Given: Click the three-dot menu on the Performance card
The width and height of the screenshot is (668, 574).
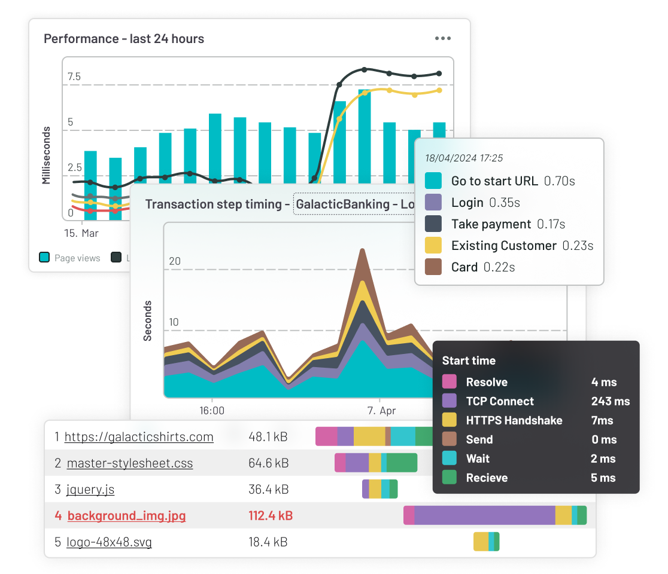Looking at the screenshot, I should (x=443, y=39).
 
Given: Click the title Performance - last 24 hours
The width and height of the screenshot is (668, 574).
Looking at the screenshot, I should (x=124, y=39).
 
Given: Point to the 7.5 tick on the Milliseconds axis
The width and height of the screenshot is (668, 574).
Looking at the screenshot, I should (x=74, y=77).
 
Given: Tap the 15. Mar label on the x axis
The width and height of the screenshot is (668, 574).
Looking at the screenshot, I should (x=81, y=233).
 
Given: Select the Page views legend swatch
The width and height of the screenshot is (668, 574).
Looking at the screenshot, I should (x=44, y=258).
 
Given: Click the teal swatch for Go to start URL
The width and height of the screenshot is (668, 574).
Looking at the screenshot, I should (x=433, y=181).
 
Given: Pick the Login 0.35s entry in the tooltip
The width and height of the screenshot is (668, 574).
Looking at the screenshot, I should (x=485, y=203).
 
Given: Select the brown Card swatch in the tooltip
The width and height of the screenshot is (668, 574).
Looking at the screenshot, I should (x=433, y=267).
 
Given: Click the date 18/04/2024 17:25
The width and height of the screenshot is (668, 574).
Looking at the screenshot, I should (x=464, y=158).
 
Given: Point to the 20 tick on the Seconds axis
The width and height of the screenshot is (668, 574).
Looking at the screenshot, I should (x=175, y=261).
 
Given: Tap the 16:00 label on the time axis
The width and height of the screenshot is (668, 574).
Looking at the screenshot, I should (x=212, y=411).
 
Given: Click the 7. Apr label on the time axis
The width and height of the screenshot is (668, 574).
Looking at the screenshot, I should (x=381, y=411).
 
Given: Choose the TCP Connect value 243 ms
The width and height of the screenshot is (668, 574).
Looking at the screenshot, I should (x=610, y=401).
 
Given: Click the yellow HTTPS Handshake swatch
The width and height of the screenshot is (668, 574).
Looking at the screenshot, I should (x=450, y=420).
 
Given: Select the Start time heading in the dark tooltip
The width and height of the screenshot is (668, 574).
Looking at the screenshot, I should (x=469, y=361).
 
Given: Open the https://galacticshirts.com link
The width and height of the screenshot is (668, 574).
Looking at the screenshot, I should (x=139, y=437).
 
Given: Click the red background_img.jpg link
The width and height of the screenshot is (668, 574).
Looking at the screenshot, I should (x=126, y=516).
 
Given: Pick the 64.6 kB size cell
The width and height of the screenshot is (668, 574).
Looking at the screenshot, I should (x=269, y=463).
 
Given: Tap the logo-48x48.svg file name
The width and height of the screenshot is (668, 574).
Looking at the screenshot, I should (x=109, y=542).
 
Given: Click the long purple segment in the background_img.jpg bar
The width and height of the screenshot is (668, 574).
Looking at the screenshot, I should (x=484, y=515).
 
